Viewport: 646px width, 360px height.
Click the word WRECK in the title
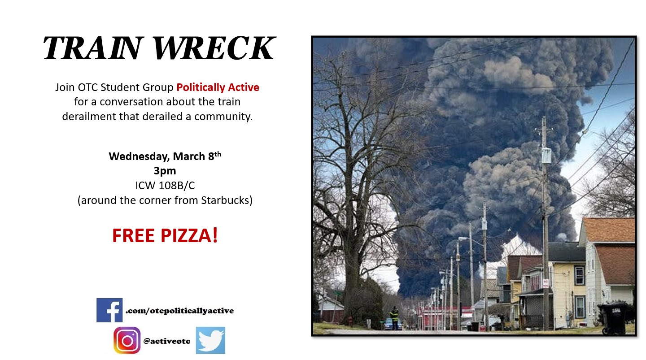coord(214,48)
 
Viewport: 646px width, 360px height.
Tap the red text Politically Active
coord(218,87)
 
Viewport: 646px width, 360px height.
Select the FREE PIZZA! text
coord(165,235)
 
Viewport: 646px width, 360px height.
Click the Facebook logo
coord(109,310)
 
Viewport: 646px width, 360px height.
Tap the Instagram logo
coord(127,340)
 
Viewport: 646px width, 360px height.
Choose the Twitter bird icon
coord(210,340)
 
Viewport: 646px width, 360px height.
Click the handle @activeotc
coord(167,341)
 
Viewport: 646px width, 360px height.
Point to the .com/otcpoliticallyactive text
coord(179,311)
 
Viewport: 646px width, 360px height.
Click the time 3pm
coord(165,171)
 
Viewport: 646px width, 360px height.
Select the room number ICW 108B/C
coord(165,186)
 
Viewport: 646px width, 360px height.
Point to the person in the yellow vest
coord(394,317)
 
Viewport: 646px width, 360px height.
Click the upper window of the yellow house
coord(579,275)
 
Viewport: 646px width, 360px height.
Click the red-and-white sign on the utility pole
coord(546,283)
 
